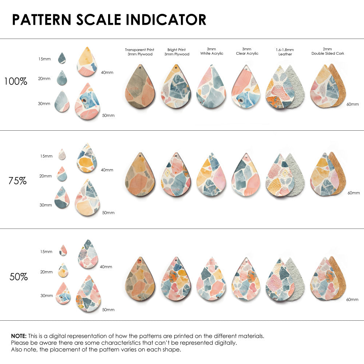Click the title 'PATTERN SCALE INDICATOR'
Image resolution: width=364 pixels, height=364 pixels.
(x=109, y=20)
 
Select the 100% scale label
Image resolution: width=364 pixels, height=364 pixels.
(x=16, y=82)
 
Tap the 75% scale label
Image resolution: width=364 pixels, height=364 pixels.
(x=17, y=181)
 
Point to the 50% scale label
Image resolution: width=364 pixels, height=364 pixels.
(x=19, y=277)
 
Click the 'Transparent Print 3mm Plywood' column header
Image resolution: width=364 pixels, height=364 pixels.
(x=139, y=52)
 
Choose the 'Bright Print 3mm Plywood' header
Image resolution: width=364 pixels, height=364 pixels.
(x=177, y=52)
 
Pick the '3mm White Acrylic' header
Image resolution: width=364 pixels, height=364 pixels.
(x=211, y=51)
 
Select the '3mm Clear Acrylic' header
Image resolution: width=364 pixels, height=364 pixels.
(x=247, y=51)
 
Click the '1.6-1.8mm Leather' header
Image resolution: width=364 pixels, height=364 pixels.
(x=285, y=52)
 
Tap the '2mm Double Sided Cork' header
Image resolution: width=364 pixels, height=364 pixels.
(x=328, y=51)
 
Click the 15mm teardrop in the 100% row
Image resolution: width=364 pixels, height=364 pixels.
(x=62, y=58)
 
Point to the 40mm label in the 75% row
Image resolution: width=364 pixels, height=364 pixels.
(x=107, y=170)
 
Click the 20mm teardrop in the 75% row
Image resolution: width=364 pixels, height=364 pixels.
(x=62, y=174)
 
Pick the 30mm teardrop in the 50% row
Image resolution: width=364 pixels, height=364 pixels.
(x=63, y=294)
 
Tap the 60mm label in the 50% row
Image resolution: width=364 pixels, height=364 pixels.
(x=353, y=300)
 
